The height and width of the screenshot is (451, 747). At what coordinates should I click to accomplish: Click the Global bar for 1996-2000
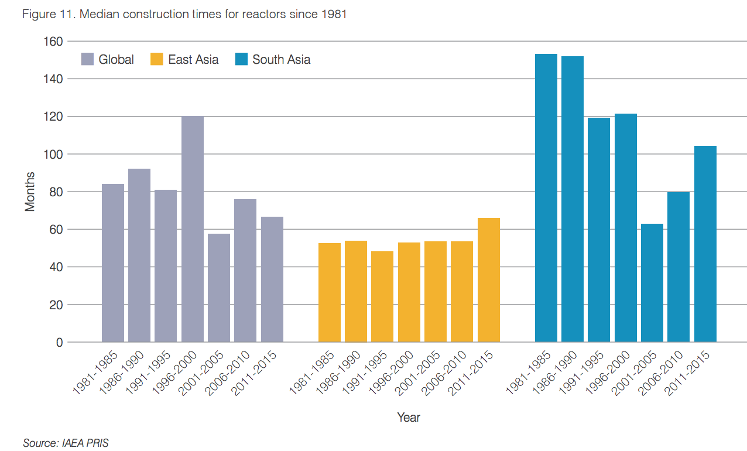(193, 229)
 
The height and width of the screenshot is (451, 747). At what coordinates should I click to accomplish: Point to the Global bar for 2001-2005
(219, 288)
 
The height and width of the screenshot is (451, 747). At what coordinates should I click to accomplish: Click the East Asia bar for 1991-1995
(382, 296)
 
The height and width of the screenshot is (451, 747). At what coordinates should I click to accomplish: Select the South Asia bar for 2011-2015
(705, 244)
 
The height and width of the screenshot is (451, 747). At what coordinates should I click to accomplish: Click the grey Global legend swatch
(87, 59)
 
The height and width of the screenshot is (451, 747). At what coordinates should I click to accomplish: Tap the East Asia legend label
(193, 59)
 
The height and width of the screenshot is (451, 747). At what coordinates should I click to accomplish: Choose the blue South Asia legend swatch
(241, 59)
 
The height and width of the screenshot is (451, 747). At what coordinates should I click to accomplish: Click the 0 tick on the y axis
(59, 343)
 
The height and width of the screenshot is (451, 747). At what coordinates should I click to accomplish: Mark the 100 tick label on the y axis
(53, 155)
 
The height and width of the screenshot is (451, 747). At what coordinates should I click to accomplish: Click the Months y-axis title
(30, 192)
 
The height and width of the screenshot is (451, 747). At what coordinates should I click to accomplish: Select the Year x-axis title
(408, 418)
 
